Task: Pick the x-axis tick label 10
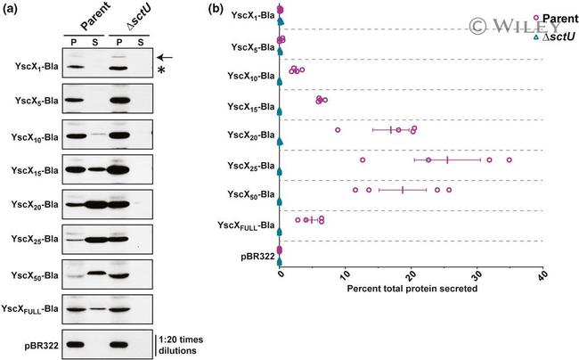(x=346, y=276)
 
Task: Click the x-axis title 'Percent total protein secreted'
(x=411, y=288)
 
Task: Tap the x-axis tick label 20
(x=412, y=276)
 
